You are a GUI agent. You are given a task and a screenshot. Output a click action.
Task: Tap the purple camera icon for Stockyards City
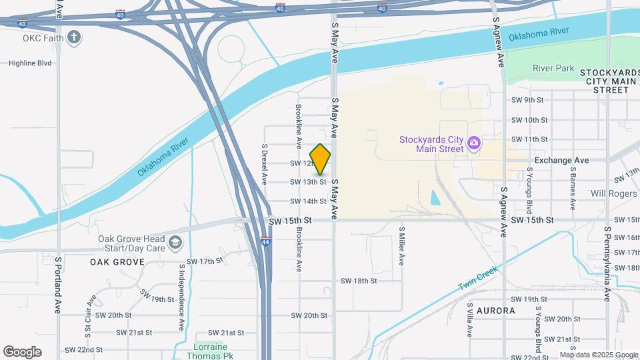(x=474, y=143)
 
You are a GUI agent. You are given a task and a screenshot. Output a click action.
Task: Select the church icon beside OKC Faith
(x=75, y=37)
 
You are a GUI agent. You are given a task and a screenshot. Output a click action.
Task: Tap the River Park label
(x=553, y=68)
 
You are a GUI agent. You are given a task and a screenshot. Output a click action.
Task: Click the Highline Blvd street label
(x=30, y=63)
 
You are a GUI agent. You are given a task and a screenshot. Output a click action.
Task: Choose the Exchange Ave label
(x=562, y=161)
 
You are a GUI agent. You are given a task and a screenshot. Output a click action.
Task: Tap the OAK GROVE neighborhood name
(x=117, y=262)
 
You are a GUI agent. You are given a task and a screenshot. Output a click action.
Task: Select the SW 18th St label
(x=359, y=281)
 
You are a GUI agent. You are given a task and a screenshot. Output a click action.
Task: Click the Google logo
(x=22, y=352)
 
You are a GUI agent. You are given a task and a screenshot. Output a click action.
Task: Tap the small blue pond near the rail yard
(x=435, y=198)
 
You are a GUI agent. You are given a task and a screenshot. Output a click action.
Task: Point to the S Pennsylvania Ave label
(x=607, y=264)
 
